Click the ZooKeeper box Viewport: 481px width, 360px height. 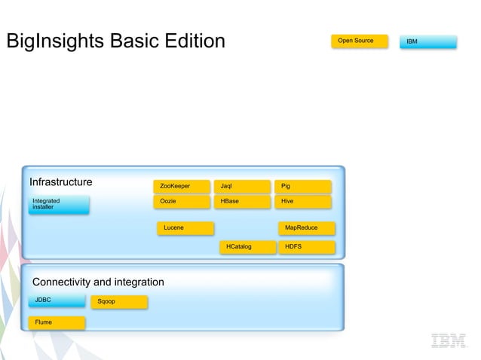pos(182,186)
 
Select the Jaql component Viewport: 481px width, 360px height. pos(242,186)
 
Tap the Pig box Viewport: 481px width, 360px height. pos(302,186)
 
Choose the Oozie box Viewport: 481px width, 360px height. pos(182,202)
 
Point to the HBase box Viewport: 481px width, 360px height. pos(242,202)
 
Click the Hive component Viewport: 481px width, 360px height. pos(302,202)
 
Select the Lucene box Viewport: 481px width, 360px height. pos(185,227)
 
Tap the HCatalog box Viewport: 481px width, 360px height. pos(248,247)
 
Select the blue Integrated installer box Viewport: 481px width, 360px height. pos(59,204)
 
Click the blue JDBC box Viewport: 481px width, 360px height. pos(57,301)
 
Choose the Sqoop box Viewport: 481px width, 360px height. pos(118,302)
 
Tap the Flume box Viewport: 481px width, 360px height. pos(57,323)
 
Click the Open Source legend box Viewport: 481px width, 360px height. pos(359,41)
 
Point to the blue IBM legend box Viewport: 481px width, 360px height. pos(427,41)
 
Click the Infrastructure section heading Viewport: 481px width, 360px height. pos(61,182)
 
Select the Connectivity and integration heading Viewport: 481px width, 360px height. pos(98,282)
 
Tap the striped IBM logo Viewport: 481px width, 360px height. pos(449,340)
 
